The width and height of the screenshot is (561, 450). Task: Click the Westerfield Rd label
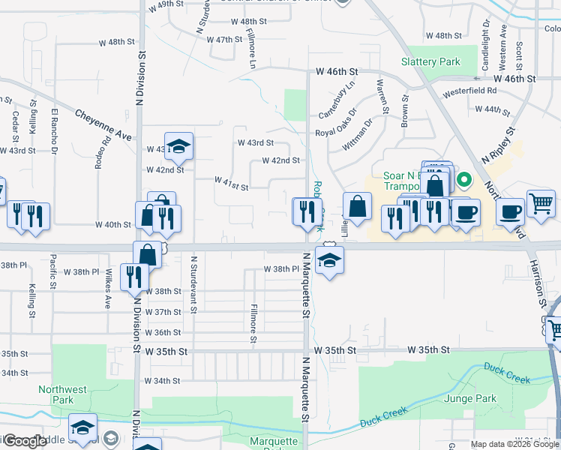click(x=471, y=91)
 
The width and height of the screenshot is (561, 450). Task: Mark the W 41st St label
click(x=231, y=182)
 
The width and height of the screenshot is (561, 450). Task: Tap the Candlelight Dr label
click(x=486, y=46)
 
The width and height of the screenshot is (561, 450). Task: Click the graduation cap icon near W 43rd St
click(x=178, y=147)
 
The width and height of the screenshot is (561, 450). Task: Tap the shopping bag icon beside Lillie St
click(x=358, y=206)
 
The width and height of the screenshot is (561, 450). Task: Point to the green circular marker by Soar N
click(x=463, y=179)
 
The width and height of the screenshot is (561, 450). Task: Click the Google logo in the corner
click(x=24, y=442)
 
